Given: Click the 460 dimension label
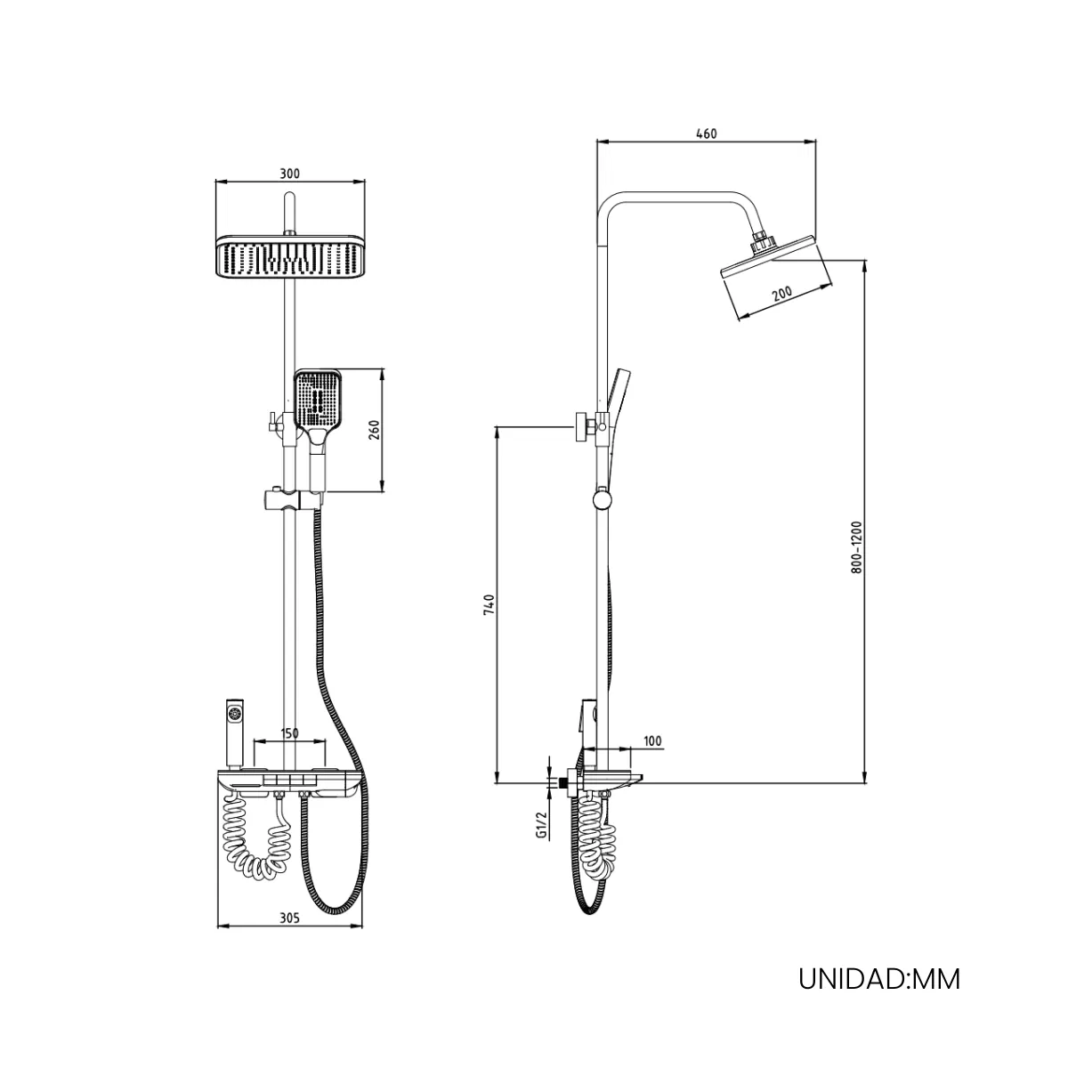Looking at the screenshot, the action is (x=706, y=133).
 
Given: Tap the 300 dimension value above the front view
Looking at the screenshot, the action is (x=289, y=174).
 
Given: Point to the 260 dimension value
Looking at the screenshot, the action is (x=374, y=431).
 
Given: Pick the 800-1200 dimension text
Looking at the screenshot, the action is (x=857, y=547).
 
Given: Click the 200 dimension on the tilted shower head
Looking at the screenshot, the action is (x=782, y=293).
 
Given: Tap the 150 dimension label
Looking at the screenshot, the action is (x=289, y=732).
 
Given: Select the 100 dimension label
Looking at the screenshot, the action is (x=653, y=741).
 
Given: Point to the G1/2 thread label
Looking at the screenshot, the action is (x=542, y=823).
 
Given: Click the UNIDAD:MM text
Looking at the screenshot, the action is (x=879, y=979).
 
